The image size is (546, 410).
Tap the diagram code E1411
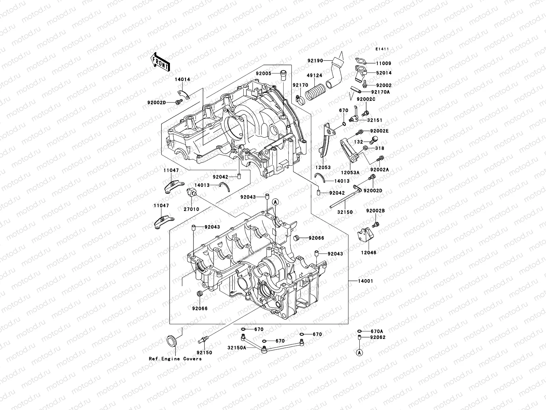pyautogui.click(x=382, y=49)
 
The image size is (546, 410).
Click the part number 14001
pyautogui.click(x=366, y=281)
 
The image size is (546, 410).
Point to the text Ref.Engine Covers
pyautogui.click(x=175, y=359)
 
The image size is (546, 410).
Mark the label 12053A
pyautogui.click(x=350, y=173)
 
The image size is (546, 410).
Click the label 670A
pyautogui.click(x=377, y=331)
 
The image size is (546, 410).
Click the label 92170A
pyautogui.click(x=380, y=92)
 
